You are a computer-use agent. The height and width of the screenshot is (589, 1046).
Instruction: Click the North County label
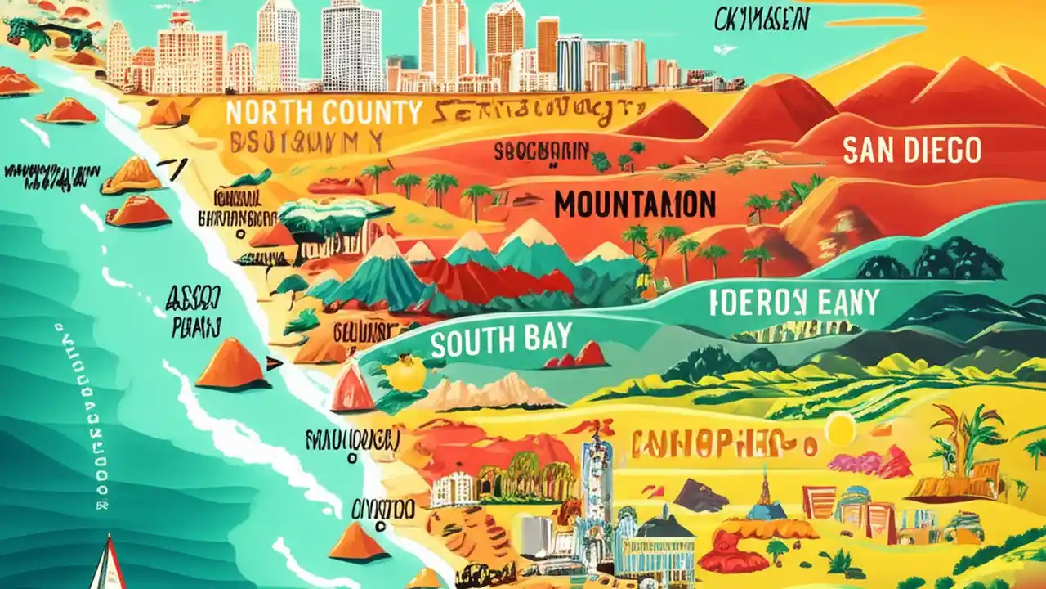[324, 112]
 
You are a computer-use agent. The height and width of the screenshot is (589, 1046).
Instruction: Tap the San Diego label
[911, 151]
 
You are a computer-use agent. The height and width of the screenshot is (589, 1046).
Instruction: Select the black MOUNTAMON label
[635, 204]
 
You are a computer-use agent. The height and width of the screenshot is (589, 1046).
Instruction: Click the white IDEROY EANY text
[794, 303]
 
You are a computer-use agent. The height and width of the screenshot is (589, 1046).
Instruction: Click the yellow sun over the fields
[838, 429]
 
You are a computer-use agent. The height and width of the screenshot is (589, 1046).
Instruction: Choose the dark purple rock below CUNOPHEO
[700, 494]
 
